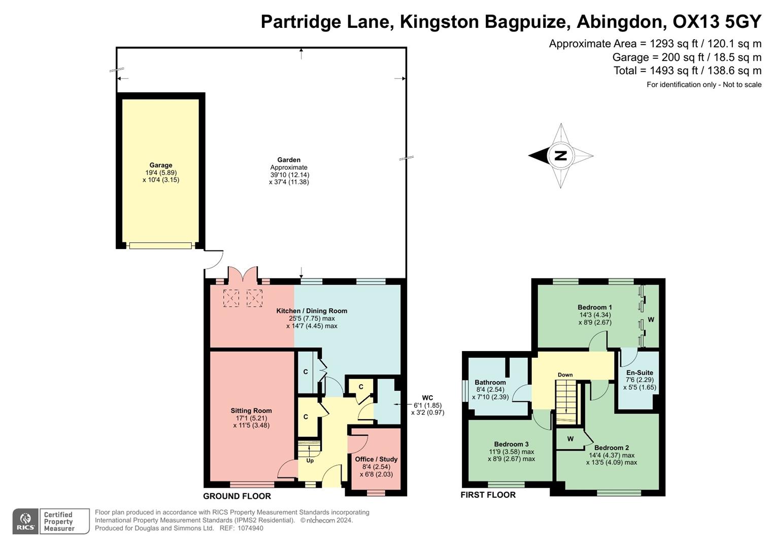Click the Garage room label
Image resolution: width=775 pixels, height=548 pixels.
coord(160,165)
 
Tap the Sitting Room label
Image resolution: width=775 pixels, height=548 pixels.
coord(251,411)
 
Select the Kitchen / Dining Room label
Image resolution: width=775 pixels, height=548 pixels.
coord(312,311)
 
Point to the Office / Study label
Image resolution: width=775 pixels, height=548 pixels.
coord(376,459)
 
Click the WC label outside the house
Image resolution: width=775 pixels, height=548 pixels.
coord(427,398)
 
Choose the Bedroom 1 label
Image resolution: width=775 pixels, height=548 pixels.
coord(595,307)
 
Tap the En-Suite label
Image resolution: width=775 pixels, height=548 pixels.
coord(639,372)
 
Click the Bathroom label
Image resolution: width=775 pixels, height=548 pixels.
coord(490,383)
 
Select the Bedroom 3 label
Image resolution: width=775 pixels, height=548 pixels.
coord(511,444)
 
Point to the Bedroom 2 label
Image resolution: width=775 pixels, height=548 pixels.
coord(612,448)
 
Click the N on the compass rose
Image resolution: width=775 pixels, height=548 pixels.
coord(560,156)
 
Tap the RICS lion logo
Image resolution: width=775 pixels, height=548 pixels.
coord(25,521)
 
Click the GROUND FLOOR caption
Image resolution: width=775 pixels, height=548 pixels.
coord(237,496)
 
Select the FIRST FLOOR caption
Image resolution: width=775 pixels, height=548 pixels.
coord(488,495)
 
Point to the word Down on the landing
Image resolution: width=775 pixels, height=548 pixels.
coord(565,375)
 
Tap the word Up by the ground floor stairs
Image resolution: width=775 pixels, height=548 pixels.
coord(310,461)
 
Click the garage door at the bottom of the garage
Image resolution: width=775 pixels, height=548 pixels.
coord(160,246)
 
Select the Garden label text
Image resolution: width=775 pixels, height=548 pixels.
coord(289,160)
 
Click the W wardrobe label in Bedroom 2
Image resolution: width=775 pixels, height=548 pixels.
coord(570,439)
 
